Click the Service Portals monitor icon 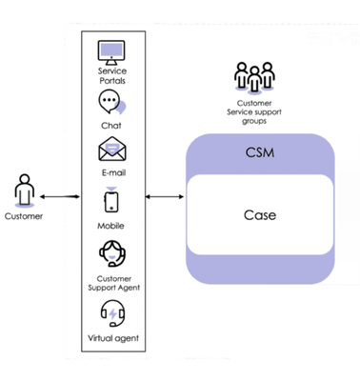coord(112,51)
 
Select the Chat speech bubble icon coord(112,104)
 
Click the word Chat coord(112,125)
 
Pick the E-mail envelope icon coord(112,151)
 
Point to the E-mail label coord(112,172)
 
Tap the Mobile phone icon coord(112,202)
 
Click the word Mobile coord(112,227)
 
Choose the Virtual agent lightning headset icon coord(112,313)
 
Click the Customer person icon coord(24,190)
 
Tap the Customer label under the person coord(24,215)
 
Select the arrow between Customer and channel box coord(59,197)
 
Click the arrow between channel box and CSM coord(165,197)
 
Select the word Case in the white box coord(260,214)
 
